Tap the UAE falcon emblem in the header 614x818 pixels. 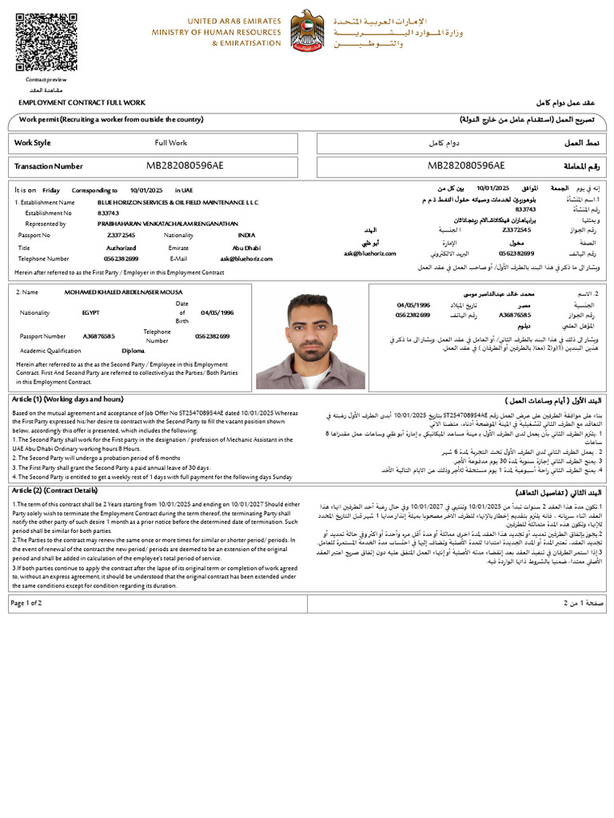pyautogui.click(x=306, y=33)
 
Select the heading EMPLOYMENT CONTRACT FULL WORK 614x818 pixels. pyautogui.click(x=82, y=103)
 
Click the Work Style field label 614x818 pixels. pyautogui.click(x=33, y=143)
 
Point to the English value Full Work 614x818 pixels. pyautogui.click(x=170, y=143)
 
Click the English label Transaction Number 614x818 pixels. pyautogui.click(x=49, y=166)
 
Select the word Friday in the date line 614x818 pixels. pyautogui.click(x=51, y=190)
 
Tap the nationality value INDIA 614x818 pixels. pyautogui.click(x=247, y=236)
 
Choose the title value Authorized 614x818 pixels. pyautogui.click(x=122, y=248)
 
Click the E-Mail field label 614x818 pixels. pyautogui.click(x=177, y=259)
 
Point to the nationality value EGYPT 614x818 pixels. pyautogui.click(x=91, y=313)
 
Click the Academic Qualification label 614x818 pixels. pyautogui.click(x=50, y=351)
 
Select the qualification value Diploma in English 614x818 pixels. pyautogui.click(x=133, y=351)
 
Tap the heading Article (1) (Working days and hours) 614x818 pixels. pyautogui.click(x=68, y=399)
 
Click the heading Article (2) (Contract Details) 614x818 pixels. pyautogui.click(x=55, y=490)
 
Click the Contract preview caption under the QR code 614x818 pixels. pyautogui.click(x=46, y=80)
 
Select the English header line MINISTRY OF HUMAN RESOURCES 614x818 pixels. pyautogui.click(x=217, y=32)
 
